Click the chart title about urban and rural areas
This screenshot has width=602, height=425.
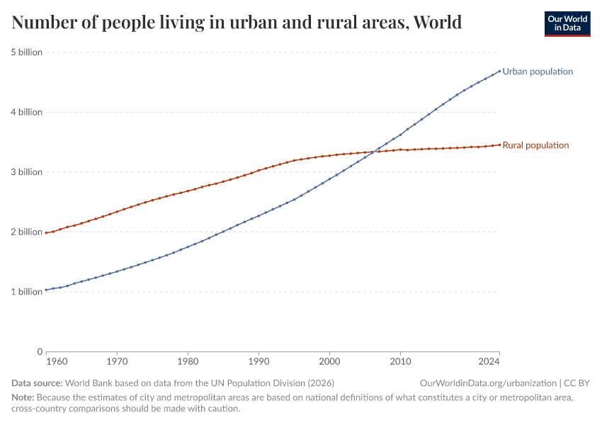pyautogui.click(x=237, y=23)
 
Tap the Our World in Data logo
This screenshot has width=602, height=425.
pyautogui.click(x=567, y=23)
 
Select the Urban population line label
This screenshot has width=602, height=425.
pyautogui.click(x=538, y=72)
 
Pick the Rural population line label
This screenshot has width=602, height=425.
pyautogui.click(x=535, y=145)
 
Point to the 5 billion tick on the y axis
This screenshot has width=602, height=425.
pyautogui.click(x=26, y=52)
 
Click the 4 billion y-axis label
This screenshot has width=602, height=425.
pyautogui.click(x=26, y=112)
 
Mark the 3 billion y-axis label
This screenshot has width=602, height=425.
pyautogui.click(x=26, y=172)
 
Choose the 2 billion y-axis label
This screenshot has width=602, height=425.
pyautogui.click(x=26, y=232)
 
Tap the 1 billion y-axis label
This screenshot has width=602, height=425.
pyautogui.click(x=26, y=292)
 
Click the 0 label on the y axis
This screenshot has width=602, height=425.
pyautogui.click(x=39, y=351)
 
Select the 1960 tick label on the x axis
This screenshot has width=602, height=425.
pyautogui.click(x=46, y=361)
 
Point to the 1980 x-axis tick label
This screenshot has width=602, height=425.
pyautogui.click(x=188, y=361)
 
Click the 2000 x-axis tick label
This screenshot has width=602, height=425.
pyautogui.click(x=329, y=361)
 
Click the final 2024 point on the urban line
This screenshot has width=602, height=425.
pyautogui.click(x=499, y=70)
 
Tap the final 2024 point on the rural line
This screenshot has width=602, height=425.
pyautogui.click(x=499, y=144)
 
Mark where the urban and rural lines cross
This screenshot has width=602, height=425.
pyautogui.click(x=373, y=152)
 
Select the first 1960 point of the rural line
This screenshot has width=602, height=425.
pyautogui.click(x=46, y=232)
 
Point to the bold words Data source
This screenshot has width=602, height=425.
pyautogui.click(x=37, y=382)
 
